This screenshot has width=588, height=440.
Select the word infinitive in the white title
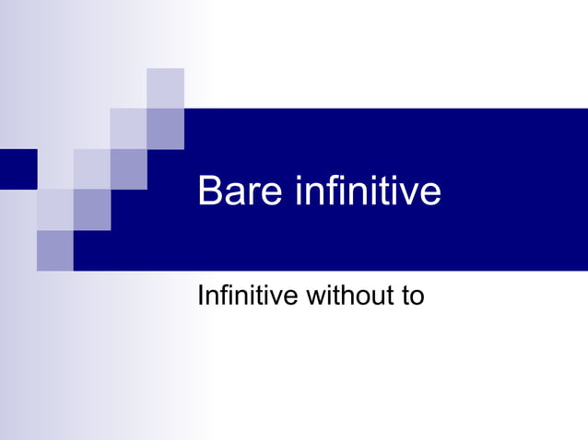(x=368, y=191)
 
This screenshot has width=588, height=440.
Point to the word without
(x=347, y=296)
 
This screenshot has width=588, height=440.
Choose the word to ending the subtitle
(x=412, y=297)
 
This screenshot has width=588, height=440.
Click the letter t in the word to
(x=404, y=297)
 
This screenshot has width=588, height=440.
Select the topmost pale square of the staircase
(x=165, y=87)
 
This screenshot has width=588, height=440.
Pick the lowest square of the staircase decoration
(x=54, y=250)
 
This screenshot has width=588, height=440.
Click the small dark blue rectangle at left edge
(x=18, y=168)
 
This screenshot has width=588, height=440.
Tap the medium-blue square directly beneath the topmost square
(x=165, y=128)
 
